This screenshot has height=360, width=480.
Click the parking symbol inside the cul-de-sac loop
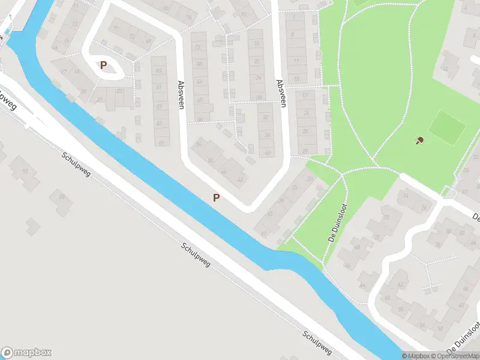click(104, 65)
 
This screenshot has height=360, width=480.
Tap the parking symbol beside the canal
click(216, 197)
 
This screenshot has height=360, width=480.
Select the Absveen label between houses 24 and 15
click(279, 92)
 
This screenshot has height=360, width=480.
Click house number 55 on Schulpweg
click(61, 196)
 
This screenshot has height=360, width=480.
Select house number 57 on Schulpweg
click(25, 172)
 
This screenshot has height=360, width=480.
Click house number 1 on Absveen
click(294, 17)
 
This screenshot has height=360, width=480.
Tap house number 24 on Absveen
click(259, 77)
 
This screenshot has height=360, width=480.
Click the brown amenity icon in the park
click(419, 141)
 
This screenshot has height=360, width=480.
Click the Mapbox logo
click(26, 353)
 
